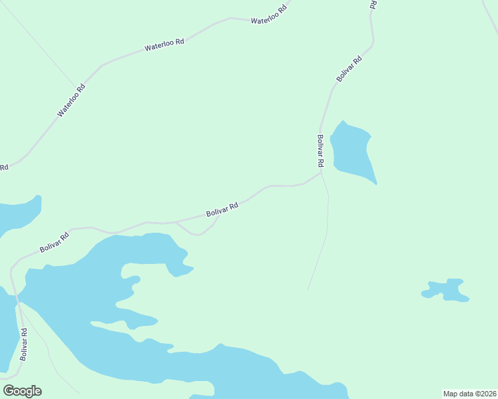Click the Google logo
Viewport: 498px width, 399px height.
[x=22, y=391]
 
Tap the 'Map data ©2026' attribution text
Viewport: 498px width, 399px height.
[x=470, y=394]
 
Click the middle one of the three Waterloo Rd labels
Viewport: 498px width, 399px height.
[x=164, y=45]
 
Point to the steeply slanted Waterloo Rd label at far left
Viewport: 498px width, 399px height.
[x=71, y=100]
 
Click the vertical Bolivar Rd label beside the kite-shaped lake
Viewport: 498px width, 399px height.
[x=320, y=150]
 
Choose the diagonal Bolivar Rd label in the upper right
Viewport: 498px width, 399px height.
[x=349, y=68]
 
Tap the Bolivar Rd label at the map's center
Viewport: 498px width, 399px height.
[x=222, y=209]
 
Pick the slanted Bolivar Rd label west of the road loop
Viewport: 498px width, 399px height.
[x=55, y=242]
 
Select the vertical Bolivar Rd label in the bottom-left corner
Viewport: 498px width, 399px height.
[x=23, y=344]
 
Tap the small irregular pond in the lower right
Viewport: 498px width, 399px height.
[x=446, y=290]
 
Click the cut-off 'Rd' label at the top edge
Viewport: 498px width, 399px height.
[x=373, y=4]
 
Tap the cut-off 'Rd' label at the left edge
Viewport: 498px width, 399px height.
[x=3, y=167]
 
